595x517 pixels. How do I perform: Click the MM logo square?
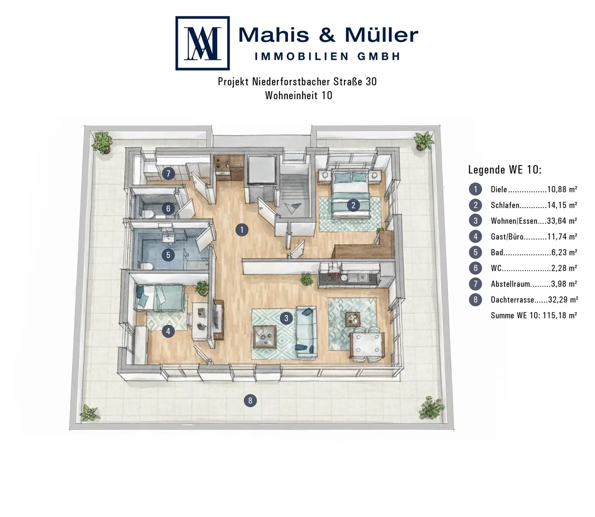pos(202,43)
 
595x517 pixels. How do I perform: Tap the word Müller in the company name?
pos(381,35)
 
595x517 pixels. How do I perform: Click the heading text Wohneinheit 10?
pos(298,95)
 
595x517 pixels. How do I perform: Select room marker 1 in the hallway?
pos(242,230)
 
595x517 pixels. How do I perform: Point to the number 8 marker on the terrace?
pos(250,401)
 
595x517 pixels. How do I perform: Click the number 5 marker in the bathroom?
pos(168,255)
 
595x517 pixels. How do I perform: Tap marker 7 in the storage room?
pos(168,174)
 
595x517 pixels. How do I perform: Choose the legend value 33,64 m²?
pos(562,221)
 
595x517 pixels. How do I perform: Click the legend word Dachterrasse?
pos(513,299)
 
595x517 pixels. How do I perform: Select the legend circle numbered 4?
pos(476,236)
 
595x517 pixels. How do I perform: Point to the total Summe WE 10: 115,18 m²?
pos(534,315)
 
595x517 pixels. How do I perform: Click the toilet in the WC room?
pos(149,214)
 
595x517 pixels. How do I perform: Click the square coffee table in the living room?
pos(264,337)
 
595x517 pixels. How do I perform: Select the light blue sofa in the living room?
pos(306,332)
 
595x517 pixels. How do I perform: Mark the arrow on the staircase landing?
pos(292,208)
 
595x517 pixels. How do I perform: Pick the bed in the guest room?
pos(161,298)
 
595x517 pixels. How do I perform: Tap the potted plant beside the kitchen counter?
pos(306,279)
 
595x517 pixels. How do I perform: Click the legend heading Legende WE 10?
pos(505,170)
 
